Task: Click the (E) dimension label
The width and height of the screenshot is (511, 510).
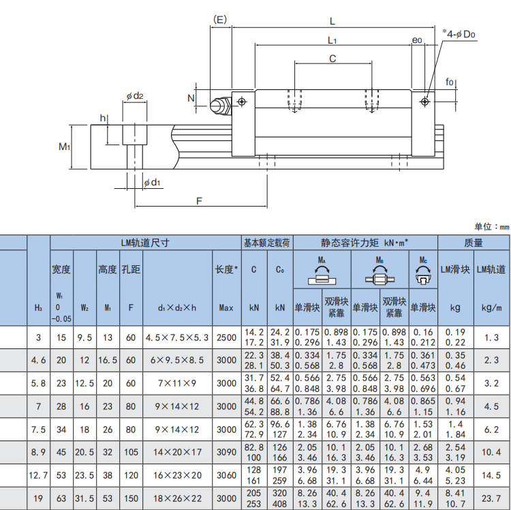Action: pos(219,20)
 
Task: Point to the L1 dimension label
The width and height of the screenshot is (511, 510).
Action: pos(332,40)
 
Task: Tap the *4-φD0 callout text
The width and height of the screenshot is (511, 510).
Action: pos(459,33)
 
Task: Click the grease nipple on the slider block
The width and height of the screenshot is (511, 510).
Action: pos(220,105)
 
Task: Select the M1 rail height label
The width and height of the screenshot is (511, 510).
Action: pos(64,147)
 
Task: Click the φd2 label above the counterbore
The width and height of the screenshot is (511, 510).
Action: pos(135,96)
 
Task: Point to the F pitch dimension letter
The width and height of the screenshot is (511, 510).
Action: pos(199,201)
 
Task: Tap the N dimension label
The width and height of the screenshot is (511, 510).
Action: pos(191,98)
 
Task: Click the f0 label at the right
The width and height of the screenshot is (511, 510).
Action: pos(450,82)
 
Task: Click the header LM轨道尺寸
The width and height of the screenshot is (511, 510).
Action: pos(145,243)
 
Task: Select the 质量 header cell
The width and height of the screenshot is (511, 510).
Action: pos(474,243)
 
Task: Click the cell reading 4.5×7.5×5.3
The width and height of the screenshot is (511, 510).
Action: pos(177,337)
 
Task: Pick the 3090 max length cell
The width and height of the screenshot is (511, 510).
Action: pos(226,452)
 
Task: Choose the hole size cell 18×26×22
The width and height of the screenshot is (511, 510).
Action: pos(177,498)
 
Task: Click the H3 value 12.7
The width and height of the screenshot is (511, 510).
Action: pos(38,475)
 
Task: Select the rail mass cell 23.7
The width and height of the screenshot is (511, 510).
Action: pos(491,498)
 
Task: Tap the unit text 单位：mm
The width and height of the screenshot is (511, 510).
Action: pos(492,226)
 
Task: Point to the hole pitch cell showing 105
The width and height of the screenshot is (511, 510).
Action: pos(131,452)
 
